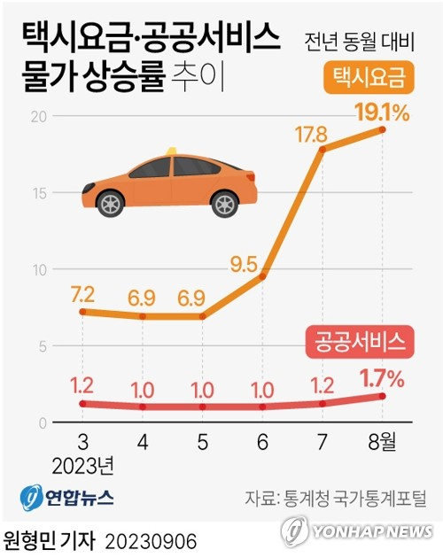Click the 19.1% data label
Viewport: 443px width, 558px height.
(x=383, y=112)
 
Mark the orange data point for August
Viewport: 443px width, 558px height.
(x=382, y=129)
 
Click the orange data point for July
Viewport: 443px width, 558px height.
(x=322, y=149)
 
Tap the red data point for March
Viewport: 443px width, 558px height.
(x=82, y=404)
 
